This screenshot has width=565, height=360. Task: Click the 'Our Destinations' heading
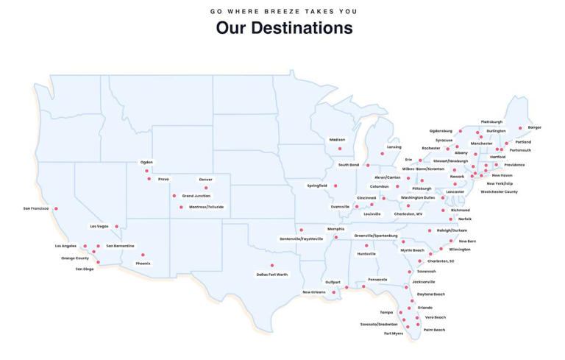point(284,28)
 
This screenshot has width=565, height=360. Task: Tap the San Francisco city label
point(35,208)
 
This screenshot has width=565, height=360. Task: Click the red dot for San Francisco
point(56,209)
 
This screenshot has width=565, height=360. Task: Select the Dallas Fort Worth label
point(272,275)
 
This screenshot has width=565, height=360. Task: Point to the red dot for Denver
point(206,188)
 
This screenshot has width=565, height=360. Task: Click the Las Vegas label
point(99,226)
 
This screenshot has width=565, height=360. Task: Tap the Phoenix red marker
point(143,255)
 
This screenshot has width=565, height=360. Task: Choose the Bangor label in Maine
point(535,127)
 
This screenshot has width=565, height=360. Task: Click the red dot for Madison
point(339,149)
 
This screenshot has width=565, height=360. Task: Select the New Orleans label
point(313,292)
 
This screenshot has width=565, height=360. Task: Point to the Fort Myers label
point(394,333)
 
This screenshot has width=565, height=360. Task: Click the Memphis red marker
point(335,237)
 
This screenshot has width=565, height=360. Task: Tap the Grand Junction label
point(196,196)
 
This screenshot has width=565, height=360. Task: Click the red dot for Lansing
point(383,154)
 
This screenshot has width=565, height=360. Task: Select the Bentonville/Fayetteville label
point(302,239)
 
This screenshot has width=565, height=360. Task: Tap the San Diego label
point(85,269)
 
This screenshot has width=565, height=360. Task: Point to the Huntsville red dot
point(366,245)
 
